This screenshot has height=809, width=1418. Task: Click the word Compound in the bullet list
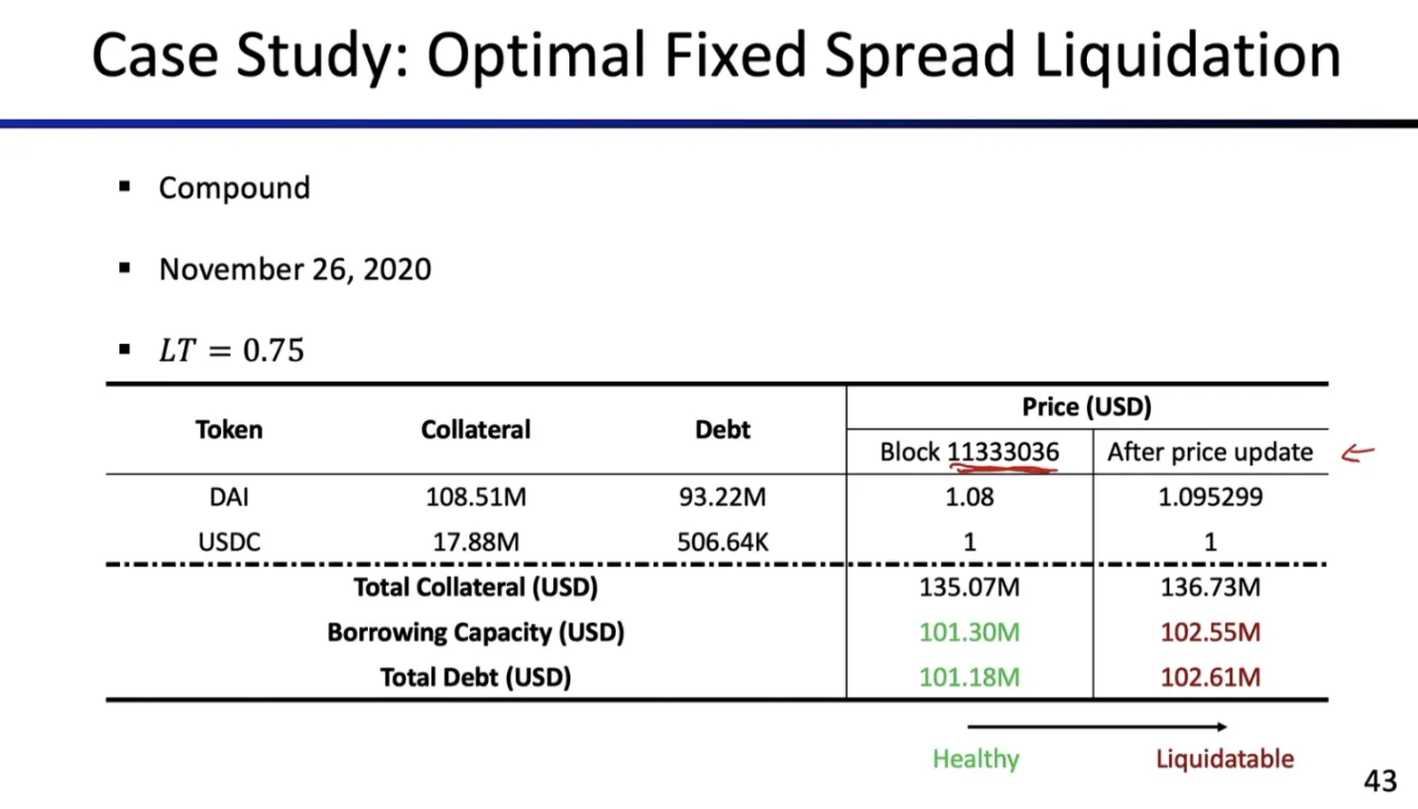click(234, 188)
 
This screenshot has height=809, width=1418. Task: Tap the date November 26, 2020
click(295, 270)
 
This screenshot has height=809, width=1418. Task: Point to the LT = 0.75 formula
click(231, 350)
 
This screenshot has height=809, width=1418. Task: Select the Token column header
click(229, 429)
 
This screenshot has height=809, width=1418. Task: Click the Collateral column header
click(475, 429)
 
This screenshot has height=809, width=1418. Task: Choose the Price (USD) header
click(1087, 406)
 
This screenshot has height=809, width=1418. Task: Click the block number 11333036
click(1004, 453)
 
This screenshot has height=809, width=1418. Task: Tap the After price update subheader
click(1210, 453)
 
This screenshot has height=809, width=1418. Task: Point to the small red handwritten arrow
click(1358, 454)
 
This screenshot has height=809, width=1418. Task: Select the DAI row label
click(229, 497)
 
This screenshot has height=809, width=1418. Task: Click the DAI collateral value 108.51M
click(476, 497)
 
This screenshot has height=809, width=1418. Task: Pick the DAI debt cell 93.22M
click(722, 497)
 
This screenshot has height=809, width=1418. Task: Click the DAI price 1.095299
click(1210, 497)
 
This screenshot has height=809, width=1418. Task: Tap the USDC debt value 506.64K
click(722, 542)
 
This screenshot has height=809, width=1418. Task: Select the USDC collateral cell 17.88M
click(476, 542)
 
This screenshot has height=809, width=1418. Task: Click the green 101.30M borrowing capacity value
click(969, 633)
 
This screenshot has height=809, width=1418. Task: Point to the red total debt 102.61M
click(1210, 678)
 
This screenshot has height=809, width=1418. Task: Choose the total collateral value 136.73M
click(1210, 588)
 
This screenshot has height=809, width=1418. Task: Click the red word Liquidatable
click(1225, 759)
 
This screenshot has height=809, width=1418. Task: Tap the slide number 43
click(1379, 781)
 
